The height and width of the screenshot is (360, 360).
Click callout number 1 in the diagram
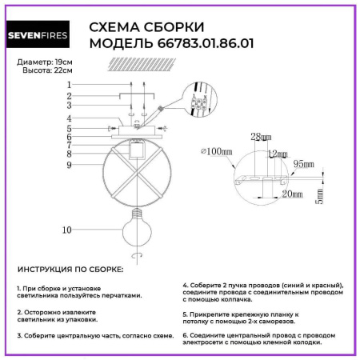point(69,84)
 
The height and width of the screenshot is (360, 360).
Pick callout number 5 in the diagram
point(69,128)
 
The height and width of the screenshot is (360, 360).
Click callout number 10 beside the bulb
point(67,230)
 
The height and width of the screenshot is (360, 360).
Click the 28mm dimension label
point(257,138)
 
